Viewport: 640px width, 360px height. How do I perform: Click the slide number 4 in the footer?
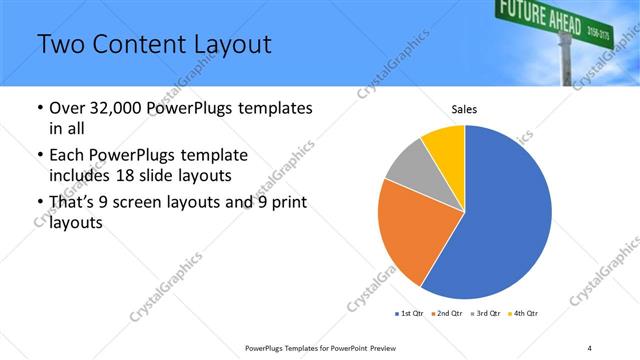(x=589, y=347)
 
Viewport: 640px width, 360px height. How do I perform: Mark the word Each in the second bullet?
(x=67, y=157)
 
